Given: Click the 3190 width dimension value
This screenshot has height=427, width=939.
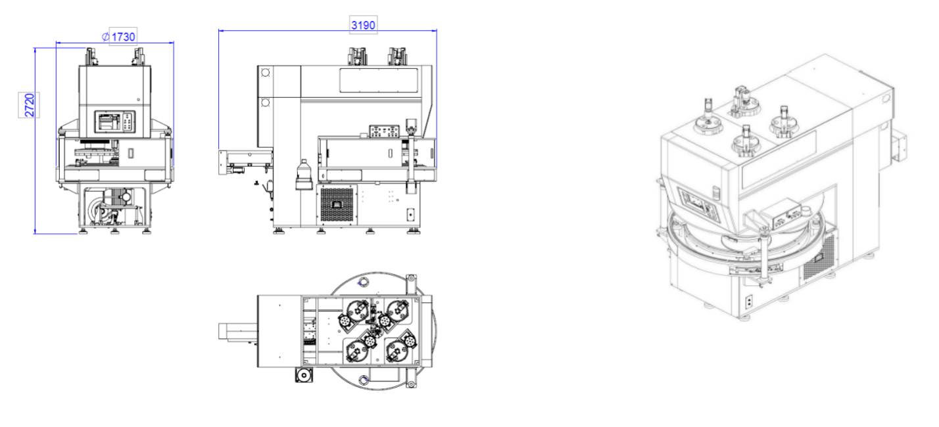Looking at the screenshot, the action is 363,25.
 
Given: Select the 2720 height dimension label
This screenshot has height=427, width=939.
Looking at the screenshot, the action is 30,104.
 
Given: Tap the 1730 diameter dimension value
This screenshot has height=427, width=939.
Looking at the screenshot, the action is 123,37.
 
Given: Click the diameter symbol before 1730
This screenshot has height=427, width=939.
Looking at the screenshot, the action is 106,37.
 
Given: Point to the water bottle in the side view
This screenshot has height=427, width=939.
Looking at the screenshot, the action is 304,175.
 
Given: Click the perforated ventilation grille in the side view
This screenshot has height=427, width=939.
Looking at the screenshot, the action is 337,205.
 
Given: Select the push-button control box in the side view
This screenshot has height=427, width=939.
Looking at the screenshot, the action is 385,131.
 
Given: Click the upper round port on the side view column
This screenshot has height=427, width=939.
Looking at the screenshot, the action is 266,73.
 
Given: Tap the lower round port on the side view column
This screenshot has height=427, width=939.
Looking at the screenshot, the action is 266,102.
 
